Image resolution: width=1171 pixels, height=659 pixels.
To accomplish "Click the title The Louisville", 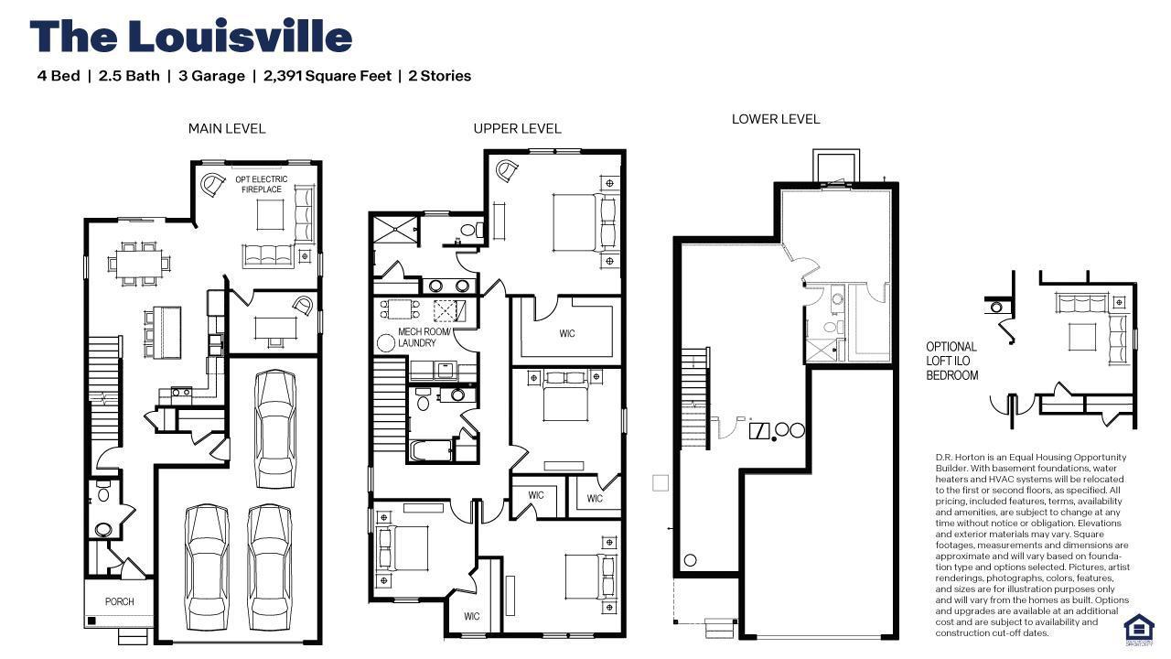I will tap(190, 37).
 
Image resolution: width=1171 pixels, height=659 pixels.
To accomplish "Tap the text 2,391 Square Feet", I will tap(327, 76).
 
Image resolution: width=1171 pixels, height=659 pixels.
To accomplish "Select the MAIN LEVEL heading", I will tap(227, 128).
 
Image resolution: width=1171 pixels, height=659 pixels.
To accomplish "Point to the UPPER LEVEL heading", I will tap(517, 128).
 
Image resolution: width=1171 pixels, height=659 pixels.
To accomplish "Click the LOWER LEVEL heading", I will tap(776, 119).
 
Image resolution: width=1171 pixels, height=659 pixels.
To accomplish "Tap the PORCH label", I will tap(119, 601).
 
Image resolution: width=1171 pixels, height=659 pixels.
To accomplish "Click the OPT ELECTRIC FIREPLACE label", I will tap(262, 184).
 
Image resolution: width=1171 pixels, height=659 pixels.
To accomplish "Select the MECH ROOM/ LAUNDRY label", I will tap(424, 338).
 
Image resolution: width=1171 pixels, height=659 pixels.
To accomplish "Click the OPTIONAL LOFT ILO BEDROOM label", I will tap(951, 361).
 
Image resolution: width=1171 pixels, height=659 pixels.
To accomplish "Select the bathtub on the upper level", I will tap(431, 451).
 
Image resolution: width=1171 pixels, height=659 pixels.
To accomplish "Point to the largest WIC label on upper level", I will tap(567, 333).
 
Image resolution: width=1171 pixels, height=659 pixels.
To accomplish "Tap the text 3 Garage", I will tap(211, 76).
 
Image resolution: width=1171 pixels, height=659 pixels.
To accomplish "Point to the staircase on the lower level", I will tap(694, 398).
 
